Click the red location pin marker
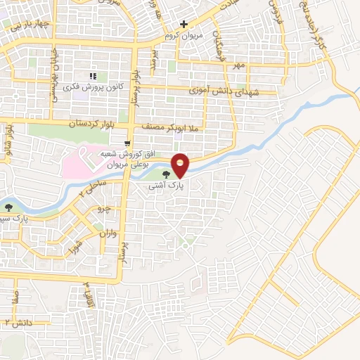(181, 164)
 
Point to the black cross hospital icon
(184, 24)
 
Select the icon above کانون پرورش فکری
(92, 76)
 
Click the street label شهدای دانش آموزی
(224, 91)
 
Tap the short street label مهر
(239, 65)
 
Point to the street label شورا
(72, 247)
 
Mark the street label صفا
(15, 295)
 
